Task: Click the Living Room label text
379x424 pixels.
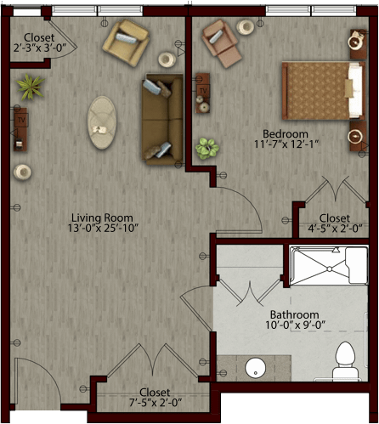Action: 102,218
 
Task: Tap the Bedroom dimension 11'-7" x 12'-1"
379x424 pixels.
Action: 286,144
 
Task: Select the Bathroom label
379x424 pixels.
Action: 295,314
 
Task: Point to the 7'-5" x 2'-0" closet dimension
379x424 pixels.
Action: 156,402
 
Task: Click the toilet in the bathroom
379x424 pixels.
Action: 345,360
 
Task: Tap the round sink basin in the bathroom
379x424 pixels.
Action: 255,368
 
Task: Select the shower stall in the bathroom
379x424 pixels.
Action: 329,266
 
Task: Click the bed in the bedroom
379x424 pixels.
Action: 323,90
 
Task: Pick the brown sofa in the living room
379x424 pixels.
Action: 162,120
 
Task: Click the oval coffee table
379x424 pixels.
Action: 102,122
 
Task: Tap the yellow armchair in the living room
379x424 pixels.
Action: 126,42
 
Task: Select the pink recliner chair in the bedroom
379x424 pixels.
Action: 222,43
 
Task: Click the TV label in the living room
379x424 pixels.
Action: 21,120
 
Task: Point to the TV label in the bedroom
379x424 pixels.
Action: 203,91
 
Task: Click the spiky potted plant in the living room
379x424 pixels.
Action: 31,87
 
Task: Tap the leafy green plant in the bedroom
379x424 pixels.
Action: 207,149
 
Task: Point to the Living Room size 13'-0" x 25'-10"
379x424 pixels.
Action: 103,228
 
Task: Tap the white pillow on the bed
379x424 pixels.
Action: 355,90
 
